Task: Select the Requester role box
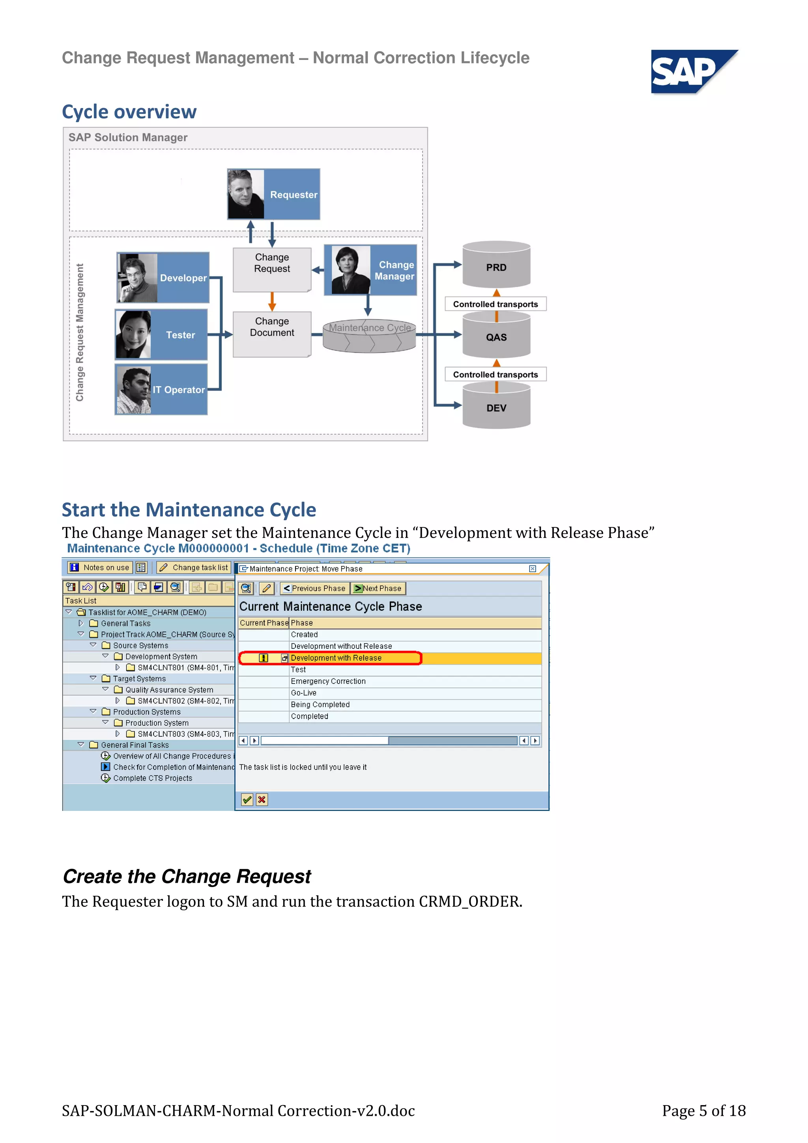273,194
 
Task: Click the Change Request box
272,269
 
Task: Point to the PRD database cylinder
496,265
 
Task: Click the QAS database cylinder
496,336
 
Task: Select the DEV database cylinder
496,407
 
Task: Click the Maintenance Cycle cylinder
369,336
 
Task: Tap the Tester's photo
133,334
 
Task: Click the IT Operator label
178,390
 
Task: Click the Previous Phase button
314,588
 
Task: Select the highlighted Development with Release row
336,658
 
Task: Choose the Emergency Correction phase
328,682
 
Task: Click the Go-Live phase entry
304,693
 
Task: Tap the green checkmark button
247,799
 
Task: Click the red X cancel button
262,799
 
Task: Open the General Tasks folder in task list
125,623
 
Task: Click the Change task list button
194,568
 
